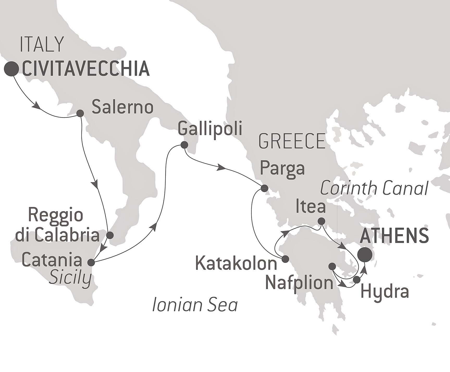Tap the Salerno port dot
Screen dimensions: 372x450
tap(80, 113)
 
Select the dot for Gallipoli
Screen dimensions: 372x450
tap(184, 145)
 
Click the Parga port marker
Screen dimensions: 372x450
tap(264, 188)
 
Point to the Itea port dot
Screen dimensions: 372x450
tap(322, 221)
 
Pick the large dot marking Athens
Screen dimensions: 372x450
tap(365, 254)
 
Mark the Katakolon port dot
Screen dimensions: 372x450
tap(286, 259)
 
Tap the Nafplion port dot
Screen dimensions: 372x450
tap(332, 266)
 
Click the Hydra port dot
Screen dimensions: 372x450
tap(357, 280)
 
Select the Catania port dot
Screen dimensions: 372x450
tap(91, 262)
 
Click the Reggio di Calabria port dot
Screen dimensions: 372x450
tap(110, 235)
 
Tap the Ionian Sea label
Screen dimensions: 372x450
tap(195, 305)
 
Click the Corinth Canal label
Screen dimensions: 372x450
tap(374, 188)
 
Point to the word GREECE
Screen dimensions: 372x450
tap(292, 141)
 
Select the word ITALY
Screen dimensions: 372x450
tap(42, 44)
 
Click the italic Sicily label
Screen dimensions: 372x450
tap(70, 278)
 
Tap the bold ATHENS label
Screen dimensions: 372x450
tap(394, 236)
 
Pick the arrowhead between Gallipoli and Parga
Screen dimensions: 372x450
tap(222, 167)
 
